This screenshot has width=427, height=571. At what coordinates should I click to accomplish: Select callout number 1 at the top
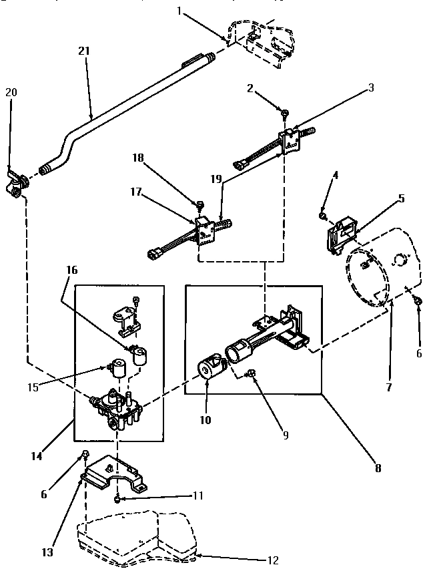point(179,10)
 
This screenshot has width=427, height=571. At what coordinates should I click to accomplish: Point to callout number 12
point(272,560)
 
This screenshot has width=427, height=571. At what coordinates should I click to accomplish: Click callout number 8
point(378,468)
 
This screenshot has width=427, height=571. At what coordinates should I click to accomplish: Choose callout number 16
point(72,270)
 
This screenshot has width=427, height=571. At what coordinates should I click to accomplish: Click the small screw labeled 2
point(284,114)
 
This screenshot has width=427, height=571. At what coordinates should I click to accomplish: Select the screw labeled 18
point(199,202)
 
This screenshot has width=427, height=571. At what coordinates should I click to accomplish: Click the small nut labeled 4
point(322,216)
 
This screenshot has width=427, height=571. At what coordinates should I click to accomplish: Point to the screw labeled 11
point(117,498)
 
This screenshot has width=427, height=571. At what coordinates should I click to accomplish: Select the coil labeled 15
point(121,369)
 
